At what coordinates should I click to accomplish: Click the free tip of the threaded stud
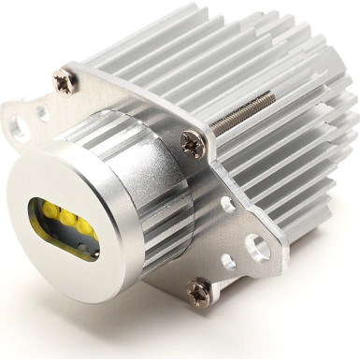pos(271,94)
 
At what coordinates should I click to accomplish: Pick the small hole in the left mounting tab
pos(41,113)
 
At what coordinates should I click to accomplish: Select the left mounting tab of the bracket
pos(28,122)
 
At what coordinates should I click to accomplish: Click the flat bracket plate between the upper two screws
pos(131,108)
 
